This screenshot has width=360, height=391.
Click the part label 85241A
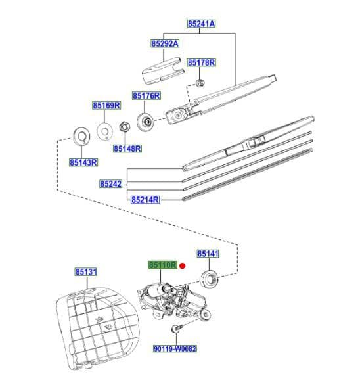click(x=201, y=24)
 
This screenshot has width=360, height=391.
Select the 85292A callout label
click(x=165, y=44)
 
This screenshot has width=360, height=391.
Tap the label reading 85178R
click(x=201, y=62)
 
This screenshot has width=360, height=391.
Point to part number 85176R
click(x=146, y=95)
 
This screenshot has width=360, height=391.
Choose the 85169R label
click(x=106, y=105)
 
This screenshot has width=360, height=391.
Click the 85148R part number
click(x=127, y=149)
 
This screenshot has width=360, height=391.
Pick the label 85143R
click(x=83, y=162)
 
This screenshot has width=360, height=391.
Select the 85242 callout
click(x=111, y=185)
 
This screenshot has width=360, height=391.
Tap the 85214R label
click(x=145, y=199)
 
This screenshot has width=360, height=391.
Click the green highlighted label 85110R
click(x=162, y=265)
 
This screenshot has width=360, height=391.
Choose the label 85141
click(x=208, y=253)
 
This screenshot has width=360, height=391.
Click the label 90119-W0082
click(x=175, y=349)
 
